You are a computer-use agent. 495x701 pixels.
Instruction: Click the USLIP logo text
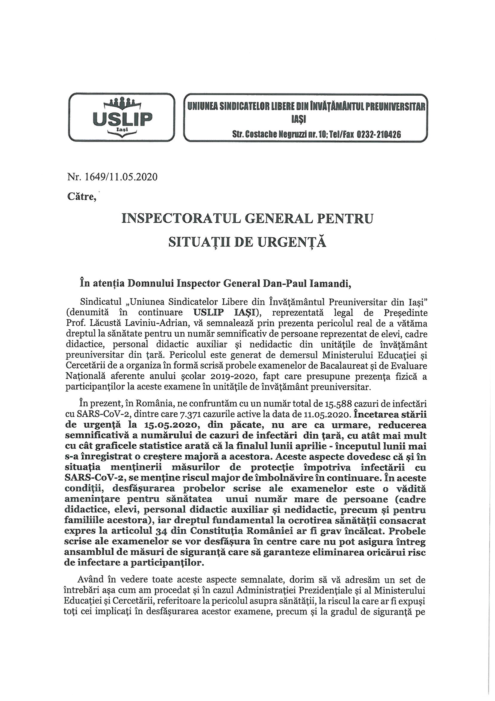tap(122, 119)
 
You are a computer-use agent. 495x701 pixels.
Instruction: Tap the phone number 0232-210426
tap(376, 134)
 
